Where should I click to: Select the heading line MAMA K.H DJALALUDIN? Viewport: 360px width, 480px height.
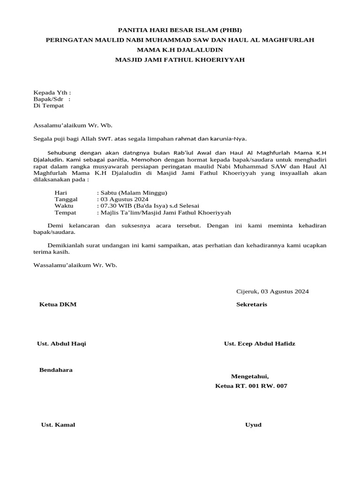tap(180, 49)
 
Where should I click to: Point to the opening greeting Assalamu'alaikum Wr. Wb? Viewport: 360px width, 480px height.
tap(73, 125)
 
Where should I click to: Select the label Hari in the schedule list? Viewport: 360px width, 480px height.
tap(61, 193)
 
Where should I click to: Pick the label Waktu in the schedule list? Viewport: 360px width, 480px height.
tap(64, 206)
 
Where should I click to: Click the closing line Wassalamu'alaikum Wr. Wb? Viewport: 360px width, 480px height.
tap(75, 265)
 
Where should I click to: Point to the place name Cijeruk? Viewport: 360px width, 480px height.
tap(247, 292)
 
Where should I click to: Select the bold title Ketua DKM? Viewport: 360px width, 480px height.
tap(58, 305)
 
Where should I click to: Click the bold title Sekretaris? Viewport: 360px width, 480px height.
tap(252, 305)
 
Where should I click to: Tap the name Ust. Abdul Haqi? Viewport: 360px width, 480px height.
tap(61, 344)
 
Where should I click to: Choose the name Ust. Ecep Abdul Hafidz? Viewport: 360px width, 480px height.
tap(260, 344)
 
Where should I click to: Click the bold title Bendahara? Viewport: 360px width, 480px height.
tap(56, 370)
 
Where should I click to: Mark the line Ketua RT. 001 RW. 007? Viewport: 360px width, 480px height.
tap(251, 386)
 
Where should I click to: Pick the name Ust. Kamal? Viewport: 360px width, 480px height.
tap(58, 425)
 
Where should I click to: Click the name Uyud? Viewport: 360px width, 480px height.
tap(253, 425)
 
